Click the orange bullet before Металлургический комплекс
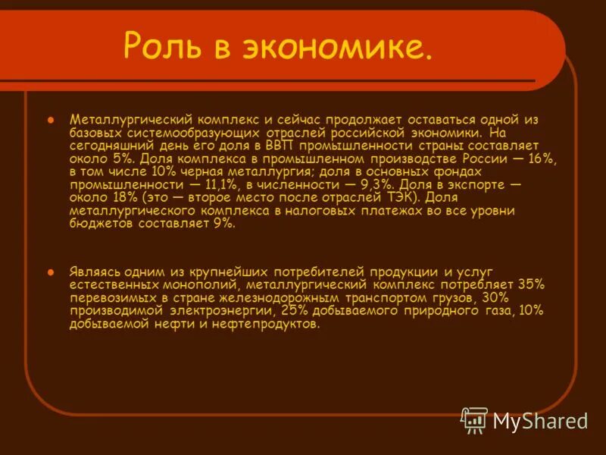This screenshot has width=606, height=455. tap(52, 120)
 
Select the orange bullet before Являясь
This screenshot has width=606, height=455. tap(52, 271)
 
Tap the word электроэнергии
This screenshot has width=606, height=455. tap(220, 310)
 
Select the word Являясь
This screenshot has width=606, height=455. tap(96, 271)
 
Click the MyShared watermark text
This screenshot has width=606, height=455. tap(540, 420)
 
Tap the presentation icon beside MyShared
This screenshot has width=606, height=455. tap(474, 419)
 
